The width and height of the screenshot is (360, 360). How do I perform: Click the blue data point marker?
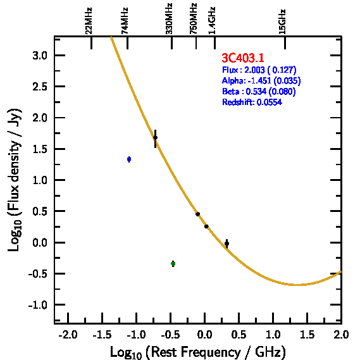129,159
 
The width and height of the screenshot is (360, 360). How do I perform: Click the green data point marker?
173,264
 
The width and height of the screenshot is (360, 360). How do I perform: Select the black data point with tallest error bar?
156,138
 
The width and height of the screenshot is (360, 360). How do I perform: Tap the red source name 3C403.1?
243,58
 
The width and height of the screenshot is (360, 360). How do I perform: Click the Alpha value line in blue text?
261,80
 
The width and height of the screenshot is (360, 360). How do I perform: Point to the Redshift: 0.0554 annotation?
252,102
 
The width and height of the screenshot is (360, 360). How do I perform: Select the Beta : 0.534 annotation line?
259,91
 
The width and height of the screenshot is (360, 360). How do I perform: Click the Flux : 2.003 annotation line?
259,70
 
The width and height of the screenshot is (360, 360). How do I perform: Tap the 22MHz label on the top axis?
89,21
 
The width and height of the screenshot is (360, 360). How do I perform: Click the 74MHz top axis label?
125,21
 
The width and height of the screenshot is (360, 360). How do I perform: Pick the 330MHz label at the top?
169,18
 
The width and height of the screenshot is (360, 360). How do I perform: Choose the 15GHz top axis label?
282,22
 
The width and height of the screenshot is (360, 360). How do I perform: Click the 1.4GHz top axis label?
212,21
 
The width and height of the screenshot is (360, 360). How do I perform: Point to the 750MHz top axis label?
194,18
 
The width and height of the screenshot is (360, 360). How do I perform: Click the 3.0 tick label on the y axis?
40,56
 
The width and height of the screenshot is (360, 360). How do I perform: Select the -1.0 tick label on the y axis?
38,305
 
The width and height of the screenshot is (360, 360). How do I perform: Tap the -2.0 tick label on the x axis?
68,335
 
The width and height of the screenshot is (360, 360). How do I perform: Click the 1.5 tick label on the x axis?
307,335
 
